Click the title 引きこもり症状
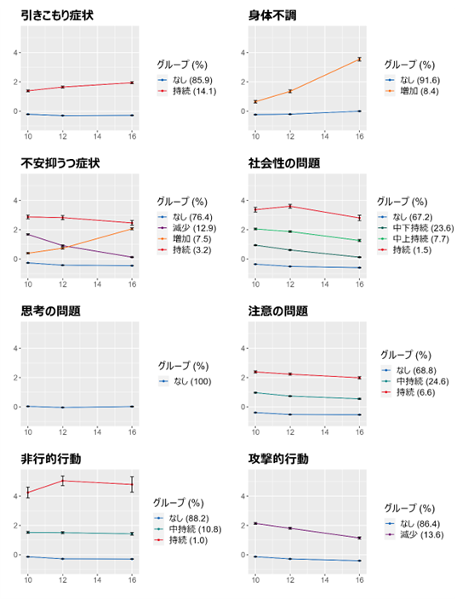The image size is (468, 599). [57, 15]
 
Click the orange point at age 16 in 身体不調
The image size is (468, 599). [359, 60]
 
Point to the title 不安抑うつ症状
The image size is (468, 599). [60, 163]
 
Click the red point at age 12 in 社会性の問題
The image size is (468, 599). [290, 206]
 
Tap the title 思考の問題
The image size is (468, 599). [51, 311]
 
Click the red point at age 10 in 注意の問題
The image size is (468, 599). [255, 372]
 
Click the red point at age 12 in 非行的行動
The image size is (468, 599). [63, 481]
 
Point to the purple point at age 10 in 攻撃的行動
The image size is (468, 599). [255, 523]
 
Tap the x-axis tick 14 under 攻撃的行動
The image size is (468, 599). [325, 580]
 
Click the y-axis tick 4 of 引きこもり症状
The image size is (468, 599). [15, 53]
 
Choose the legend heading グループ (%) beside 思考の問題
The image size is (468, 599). [184, 366]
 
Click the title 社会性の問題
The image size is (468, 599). [284, 163]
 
